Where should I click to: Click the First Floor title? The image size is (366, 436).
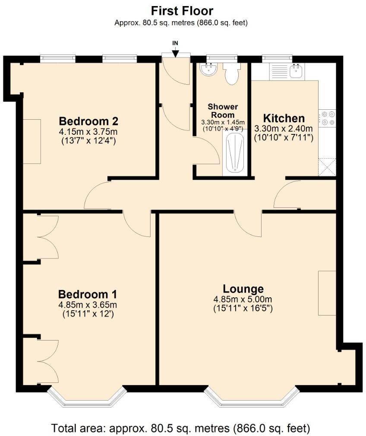(x=182, y=10)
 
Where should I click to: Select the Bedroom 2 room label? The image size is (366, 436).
(x=88, y=121)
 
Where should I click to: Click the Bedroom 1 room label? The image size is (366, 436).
(x=88, y=294)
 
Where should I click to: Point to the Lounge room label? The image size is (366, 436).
(x=243, y=289)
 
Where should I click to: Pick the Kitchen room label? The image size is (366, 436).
(x=284, y=118)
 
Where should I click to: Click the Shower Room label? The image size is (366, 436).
(x=223, y=111)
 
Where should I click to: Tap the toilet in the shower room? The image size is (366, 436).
(x=231, y=74)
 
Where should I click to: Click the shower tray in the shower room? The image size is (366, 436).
(x=235, y=154)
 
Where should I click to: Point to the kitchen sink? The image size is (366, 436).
(x=297, y=72)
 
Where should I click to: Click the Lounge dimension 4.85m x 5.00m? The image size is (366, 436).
(x=243, y=299)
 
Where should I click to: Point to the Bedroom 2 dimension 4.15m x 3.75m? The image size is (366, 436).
(x=88, y=131)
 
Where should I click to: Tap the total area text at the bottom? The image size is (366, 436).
(x=181, y=428)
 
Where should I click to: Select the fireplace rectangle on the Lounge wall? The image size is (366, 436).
(x=327, y=293)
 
